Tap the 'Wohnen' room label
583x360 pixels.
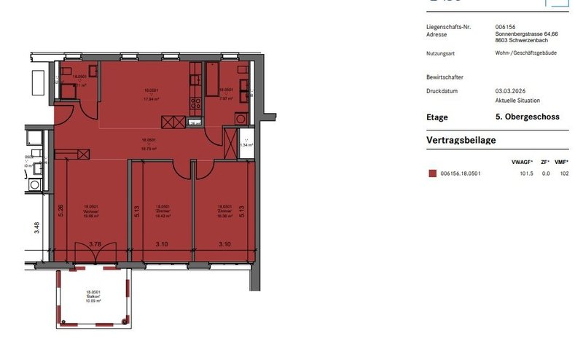click(91, 211)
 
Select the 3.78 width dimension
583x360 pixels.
click(95, 244)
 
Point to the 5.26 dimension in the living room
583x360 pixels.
click(61, 211)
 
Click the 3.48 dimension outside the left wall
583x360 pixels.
click(37, 229)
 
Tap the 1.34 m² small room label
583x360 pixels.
click(246, 145)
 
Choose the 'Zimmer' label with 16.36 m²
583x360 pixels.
click(224, 211)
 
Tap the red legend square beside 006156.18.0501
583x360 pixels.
click(432, 173)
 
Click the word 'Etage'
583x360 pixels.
click(437, 117)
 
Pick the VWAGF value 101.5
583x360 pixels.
click(526, 173)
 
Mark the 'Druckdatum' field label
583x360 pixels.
click(442, 91)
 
